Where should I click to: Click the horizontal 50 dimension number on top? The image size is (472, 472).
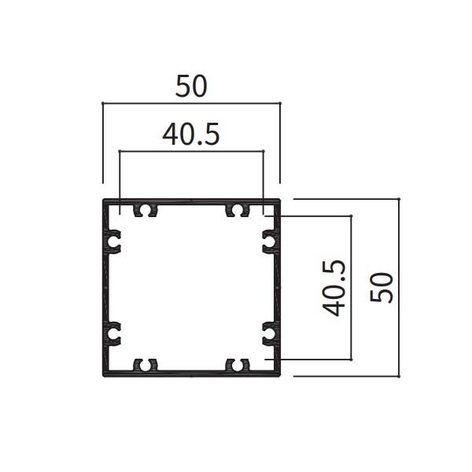pos(191,87)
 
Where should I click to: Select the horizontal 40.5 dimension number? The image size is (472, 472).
pos(190,135)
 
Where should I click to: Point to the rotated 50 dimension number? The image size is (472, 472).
pos(383,288)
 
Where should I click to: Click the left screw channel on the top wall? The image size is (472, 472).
pos(146,210)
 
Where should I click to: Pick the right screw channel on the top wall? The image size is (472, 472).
pos(236,210)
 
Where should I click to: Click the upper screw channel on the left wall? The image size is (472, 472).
pos(113,242)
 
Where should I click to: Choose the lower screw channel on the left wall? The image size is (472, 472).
pos(113,332)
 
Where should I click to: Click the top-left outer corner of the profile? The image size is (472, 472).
pos(103,200)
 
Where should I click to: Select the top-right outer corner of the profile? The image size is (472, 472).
pos(280,200)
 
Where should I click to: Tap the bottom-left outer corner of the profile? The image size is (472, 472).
pos(103,375)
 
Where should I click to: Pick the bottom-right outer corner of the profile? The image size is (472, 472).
pos(280,375)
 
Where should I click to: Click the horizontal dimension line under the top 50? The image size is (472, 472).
pos(191,102)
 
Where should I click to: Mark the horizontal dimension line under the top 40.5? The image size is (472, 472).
pos(190,150)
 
